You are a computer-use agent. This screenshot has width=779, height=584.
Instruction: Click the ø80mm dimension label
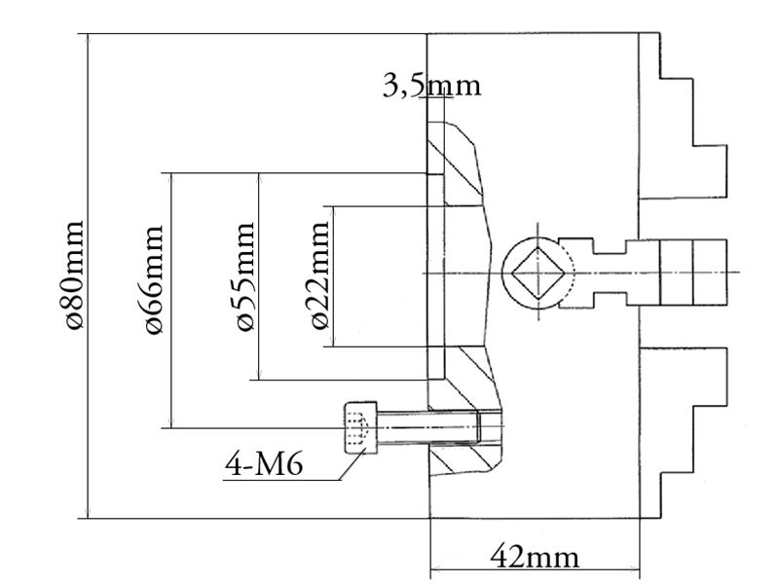click(x=70, y=274)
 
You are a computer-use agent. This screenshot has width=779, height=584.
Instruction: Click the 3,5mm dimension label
click(x=431, y=86)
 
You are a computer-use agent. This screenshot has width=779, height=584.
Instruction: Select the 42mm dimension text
click(x=534, y=558)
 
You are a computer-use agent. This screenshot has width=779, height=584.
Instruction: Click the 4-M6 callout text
click(x=264, y=464)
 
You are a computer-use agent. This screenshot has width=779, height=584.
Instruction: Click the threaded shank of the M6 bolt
click(x=428, y=426)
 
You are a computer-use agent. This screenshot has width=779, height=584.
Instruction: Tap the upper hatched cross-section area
click(x=458, y=165)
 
